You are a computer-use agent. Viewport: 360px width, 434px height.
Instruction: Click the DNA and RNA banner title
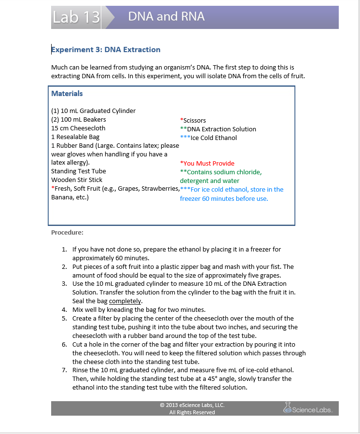[166, 17]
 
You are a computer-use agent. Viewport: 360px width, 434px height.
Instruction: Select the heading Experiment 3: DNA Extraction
[106, 50]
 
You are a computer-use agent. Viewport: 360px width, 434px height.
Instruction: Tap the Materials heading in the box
[67, 94]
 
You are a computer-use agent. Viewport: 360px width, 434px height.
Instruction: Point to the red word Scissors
[194, 121]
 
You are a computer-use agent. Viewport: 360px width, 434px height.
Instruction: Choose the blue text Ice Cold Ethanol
[213, 138]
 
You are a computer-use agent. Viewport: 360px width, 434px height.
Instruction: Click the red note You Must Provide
[208, 164]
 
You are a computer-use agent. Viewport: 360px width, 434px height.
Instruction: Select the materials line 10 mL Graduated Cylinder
[94, 111]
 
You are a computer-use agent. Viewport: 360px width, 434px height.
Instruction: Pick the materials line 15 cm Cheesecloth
[78, 128]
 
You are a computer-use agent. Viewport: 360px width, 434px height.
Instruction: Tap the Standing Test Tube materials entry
[79, 171]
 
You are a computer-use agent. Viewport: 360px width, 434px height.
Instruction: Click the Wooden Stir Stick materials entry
[77, 180]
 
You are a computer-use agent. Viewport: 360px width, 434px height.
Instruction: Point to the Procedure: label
[67, 233]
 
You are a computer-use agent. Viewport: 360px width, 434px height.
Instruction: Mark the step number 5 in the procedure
[64, 319]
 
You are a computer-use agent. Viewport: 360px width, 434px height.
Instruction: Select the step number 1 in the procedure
[64, 250]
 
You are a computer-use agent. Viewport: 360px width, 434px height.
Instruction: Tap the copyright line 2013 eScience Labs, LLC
[192, 405]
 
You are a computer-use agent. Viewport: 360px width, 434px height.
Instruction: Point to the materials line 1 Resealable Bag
[75, 137]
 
